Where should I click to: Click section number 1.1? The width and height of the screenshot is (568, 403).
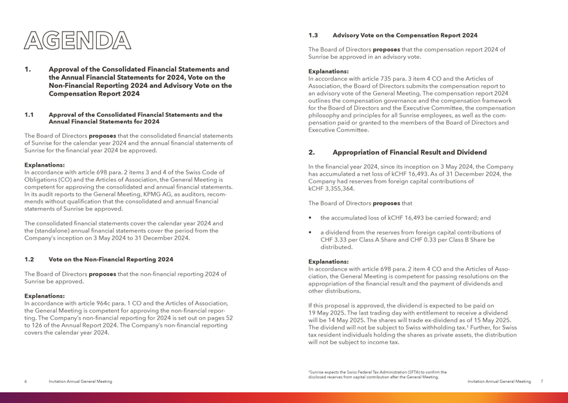coord(30,115)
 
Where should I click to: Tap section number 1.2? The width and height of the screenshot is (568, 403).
coord(30,259)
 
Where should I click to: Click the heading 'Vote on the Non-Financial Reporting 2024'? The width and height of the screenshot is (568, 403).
coord(110,259)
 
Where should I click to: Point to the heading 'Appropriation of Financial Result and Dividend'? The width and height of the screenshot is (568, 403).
coord(409,152)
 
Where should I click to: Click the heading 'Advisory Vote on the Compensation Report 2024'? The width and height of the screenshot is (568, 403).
coord(405,35)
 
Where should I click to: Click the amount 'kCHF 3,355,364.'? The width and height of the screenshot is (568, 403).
coord(332,189)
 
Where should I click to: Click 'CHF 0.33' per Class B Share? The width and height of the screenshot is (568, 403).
coord(439,240)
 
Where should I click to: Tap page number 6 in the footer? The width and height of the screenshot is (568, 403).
coord(25,382)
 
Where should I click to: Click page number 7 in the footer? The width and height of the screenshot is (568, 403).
coord(542,382)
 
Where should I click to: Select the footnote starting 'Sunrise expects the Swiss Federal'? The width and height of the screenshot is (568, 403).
coord(377,375)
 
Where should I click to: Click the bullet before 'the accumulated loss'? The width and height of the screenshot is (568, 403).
coord(311,218)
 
